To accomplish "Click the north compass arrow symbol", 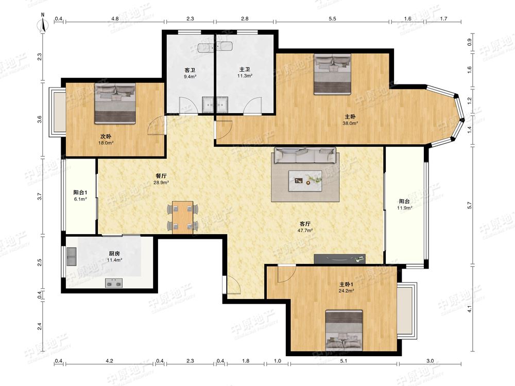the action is [x=43, y=23].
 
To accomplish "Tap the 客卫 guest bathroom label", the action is [x=190, y=70].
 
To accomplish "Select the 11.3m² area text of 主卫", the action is [x=245, y=76].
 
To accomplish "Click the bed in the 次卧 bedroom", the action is [x=115, y=103].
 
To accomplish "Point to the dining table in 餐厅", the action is [x=183, y=217].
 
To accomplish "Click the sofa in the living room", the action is [x=305, y=155].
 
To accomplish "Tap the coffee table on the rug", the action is [x=305, y=181].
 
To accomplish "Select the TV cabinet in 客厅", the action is [x=339, y=259].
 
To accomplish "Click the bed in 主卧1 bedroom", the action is [x=344, y=330].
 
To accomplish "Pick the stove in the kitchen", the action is [x=114, y=283].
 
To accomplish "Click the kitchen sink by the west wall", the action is [x=71, y=256].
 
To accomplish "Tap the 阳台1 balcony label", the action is [x=80, y=192].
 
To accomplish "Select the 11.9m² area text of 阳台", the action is [x=404, y=208].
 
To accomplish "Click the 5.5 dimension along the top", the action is [x=332, y=19].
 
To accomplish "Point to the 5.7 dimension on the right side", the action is [x=470, y=205].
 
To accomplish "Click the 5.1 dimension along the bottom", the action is [x=343, y=361].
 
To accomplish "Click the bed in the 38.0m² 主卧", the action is [x=332, y=74].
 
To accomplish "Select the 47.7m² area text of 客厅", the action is [x=305, y=231].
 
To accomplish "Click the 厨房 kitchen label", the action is [x=114, y=253].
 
